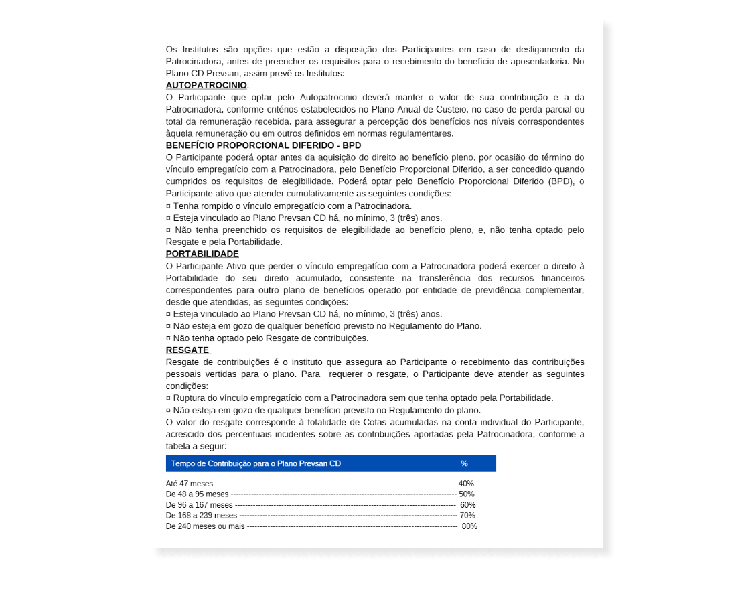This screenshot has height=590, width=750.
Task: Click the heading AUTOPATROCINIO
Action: tap(206, 85)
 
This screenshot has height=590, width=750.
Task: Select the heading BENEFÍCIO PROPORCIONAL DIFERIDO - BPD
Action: tap(263, 145)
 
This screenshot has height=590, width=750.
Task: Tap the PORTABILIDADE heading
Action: tap(202, 254)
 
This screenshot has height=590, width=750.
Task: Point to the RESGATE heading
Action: tap(187, 350)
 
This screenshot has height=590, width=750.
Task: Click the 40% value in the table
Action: tap(466, 484)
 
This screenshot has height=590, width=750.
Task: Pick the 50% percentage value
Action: tap(467, 494)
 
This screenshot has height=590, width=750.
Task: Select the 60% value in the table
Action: tap(468, 505)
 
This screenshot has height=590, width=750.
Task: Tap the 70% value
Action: tap(467, 516)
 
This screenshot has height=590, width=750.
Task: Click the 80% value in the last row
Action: tap(469, 526)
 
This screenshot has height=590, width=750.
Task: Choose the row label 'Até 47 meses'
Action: tap(190, 484)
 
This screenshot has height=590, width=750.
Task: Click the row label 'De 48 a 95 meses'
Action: tap(197, 494)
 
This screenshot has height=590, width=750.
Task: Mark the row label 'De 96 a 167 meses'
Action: tap(199, 505)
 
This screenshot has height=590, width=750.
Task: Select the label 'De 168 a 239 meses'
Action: tap(201, 516)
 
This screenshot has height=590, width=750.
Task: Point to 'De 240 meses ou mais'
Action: tap(205, 526)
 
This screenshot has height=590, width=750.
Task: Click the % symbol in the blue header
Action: tap(464, 463)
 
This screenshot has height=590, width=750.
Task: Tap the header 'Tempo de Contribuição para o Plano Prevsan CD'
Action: tap(256, 463)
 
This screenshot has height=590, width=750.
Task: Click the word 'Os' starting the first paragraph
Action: tap(172, 50)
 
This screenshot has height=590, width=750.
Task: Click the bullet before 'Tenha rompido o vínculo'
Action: tap(168, 206)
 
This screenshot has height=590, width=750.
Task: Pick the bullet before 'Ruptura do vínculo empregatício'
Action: tap(168, 398)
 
